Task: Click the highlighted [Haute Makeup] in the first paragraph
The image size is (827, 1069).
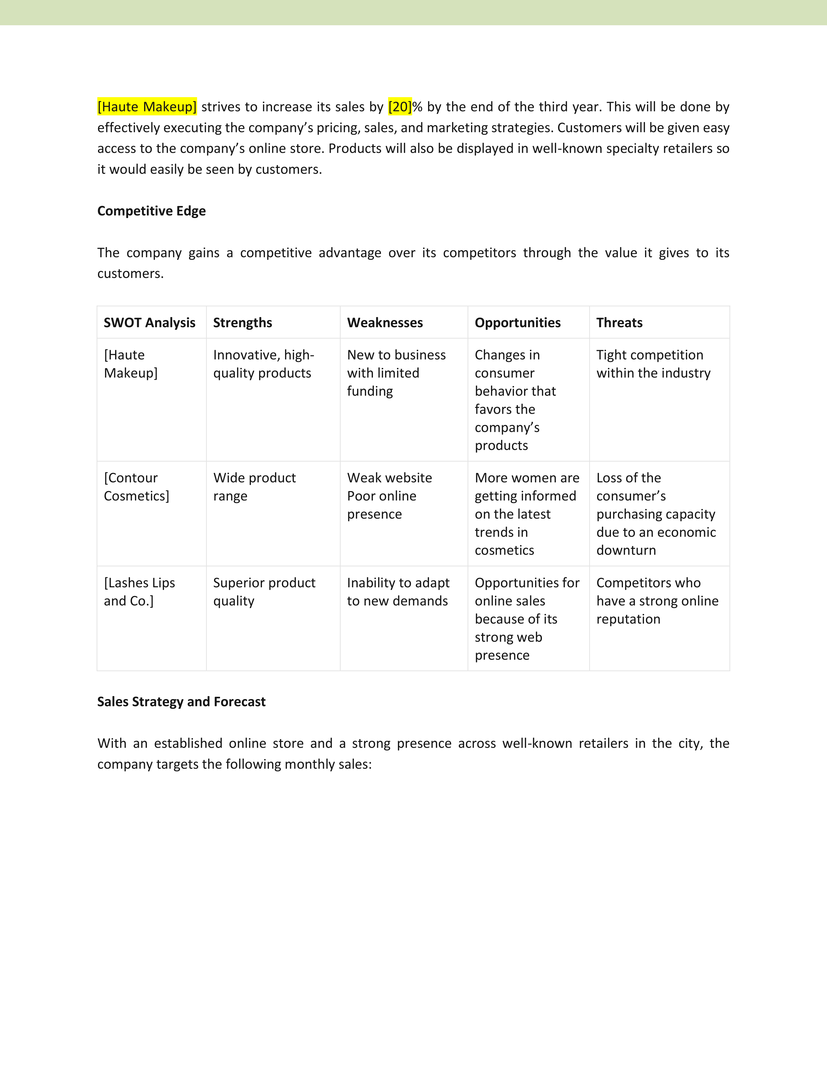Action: [x=147, y=107]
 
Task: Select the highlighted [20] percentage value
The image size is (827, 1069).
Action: [x=400, y=107]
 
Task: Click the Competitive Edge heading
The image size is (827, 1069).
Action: [x=151, y=211]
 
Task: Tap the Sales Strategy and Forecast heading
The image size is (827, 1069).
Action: [x=181, y=702]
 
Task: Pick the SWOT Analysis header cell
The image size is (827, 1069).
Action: [x=150, y=323]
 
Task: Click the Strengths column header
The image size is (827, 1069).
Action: [x=243, y=323]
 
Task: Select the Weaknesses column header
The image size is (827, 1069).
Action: [x=385, y=323]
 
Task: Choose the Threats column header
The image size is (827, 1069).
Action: [x=619, y=323]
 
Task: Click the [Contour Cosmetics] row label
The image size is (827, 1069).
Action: [x=136, y=487]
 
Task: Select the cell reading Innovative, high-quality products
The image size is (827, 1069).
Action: [x=264, y=364]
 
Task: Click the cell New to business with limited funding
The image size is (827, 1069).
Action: [x=396, y=373]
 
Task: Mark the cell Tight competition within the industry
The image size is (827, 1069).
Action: [x=653, y=364]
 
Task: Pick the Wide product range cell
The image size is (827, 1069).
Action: [x=254, y=487]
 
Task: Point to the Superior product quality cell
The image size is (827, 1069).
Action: [x=264, y=592]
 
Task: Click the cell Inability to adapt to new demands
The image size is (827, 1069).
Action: [x=398, y=592]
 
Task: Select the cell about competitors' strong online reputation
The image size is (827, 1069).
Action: [x=657, y=601]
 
